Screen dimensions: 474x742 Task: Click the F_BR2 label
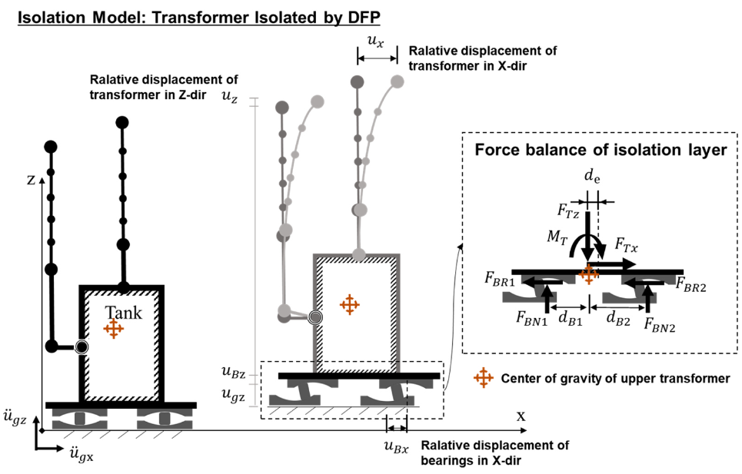692,284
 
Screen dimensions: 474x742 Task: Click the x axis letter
521,416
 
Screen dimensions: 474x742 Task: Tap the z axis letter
30,181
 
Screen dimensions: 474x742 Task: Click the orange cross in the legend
484,377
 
